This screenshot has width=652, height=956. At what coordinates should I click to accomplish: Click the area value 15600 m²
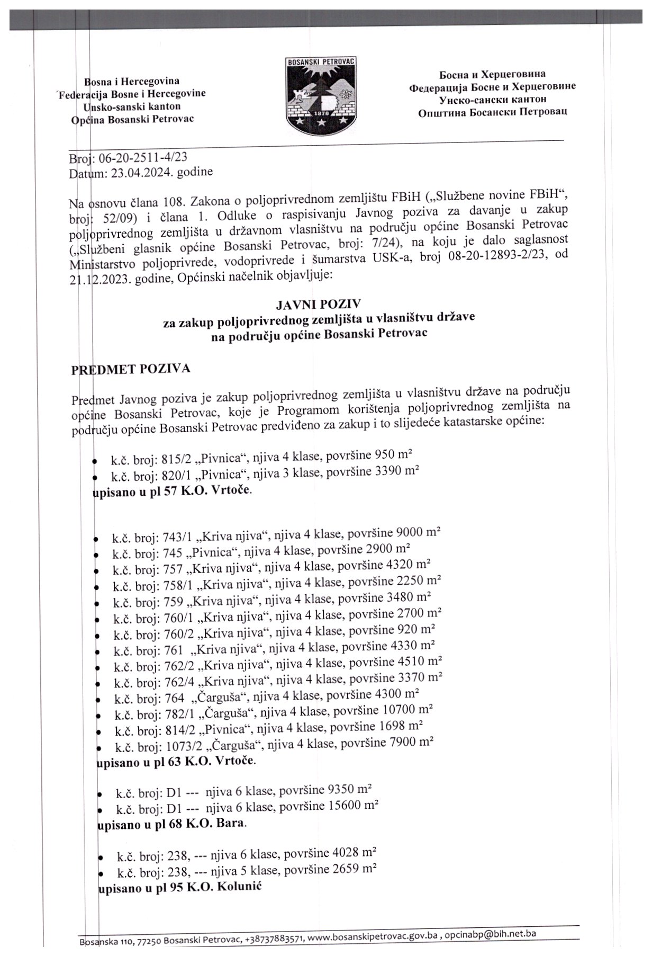(x=354, y=806)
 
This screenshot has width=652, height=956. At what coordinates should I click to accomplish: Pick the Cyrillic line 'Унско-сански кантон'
(x=492, y=99)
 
